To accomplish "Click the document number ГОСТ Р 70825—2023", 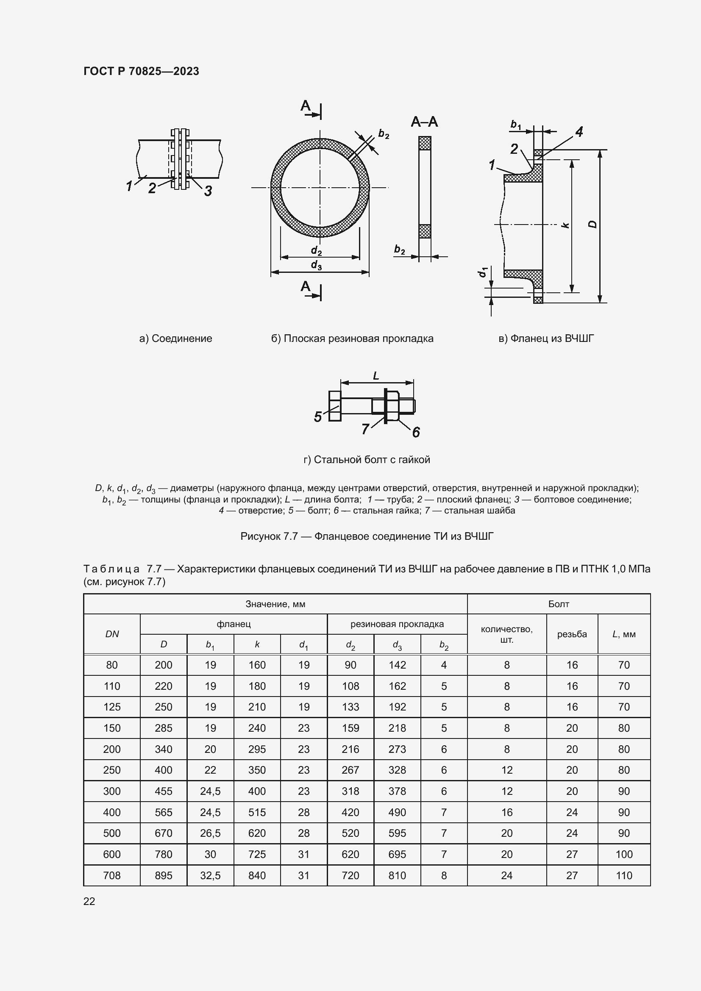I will (141, 71).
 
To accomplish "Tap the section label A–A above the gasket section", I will (424, 122).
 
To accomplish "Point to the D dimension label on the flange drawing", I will (593, 224).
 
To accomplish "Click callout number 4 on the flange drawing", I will (579, 132).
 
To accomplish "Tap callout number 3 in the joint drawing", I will (208, 190).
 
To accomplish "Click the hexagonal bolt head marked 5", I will (334, 406).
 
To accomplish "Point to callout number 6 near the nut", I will (416, 432).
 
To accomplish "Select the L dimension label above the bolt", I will (376, 376).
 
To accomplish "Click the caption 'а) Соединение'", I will (176, 339).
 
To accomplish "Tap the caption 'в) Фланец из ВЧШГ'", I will (546, 339).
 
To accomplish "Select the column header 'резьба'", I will (571, 634).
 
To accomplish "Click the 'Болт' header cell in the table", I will (558, 604).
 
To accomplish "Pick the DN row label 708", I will (112, 875).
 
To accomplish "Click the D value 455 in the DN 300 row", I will (163, 791).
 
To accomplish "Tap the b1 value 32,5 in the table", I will (210, 875).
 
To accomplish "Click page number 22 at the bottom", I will (89, 901).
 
